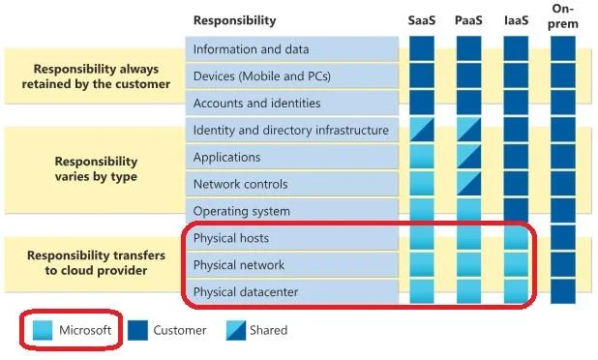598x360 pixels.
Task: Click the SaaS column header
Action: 422,20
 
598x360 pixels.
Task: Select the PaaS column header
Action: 468,20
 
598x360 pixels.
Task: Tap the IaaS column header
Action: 516,20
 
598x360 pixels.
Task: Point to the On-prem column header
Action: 563,16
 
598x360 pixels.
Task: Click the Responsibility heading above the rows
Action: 234,20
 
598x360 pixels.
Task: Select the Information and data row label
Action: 251,49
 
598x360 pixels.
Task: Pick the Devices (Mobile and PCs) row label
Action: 262,76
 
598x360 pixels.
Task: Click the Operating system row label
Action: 241,211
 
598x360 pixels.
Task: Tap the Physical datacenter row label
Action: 246,292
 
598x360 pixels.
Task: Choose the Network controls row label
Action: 240,184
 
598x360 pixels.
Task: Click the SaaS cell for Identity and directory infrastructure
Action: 422,130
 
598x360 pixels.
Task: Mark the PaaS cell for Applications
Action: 468,157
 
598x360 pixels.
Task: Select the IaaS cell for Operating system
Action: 516,210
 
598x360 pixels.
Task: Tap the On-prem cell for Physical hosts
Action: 563,238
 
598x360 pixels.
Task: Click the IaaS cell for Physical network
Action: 516,264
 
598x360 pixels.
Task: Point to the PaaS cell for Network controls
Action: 468,184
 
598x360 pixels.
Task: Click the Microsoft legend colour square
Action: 43,330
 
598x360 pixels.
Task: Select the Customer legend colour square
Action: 137,330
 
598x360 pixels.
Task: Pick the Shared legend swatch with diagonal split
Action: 236,330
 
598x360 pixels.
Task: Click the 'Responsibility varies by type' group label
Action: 96,169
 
